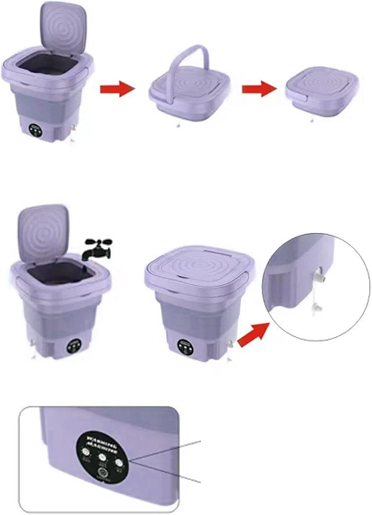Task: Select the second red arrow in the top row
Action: tap(259, 89)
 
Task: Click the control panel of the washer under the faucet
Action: tap(74, 345)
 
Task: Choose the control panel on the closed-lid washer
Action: tap(183, 345)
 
